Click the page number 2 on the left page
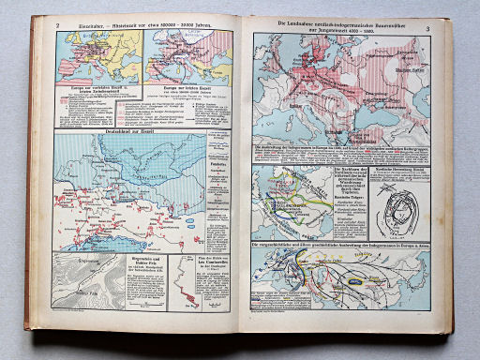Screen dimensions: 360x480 58,24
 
